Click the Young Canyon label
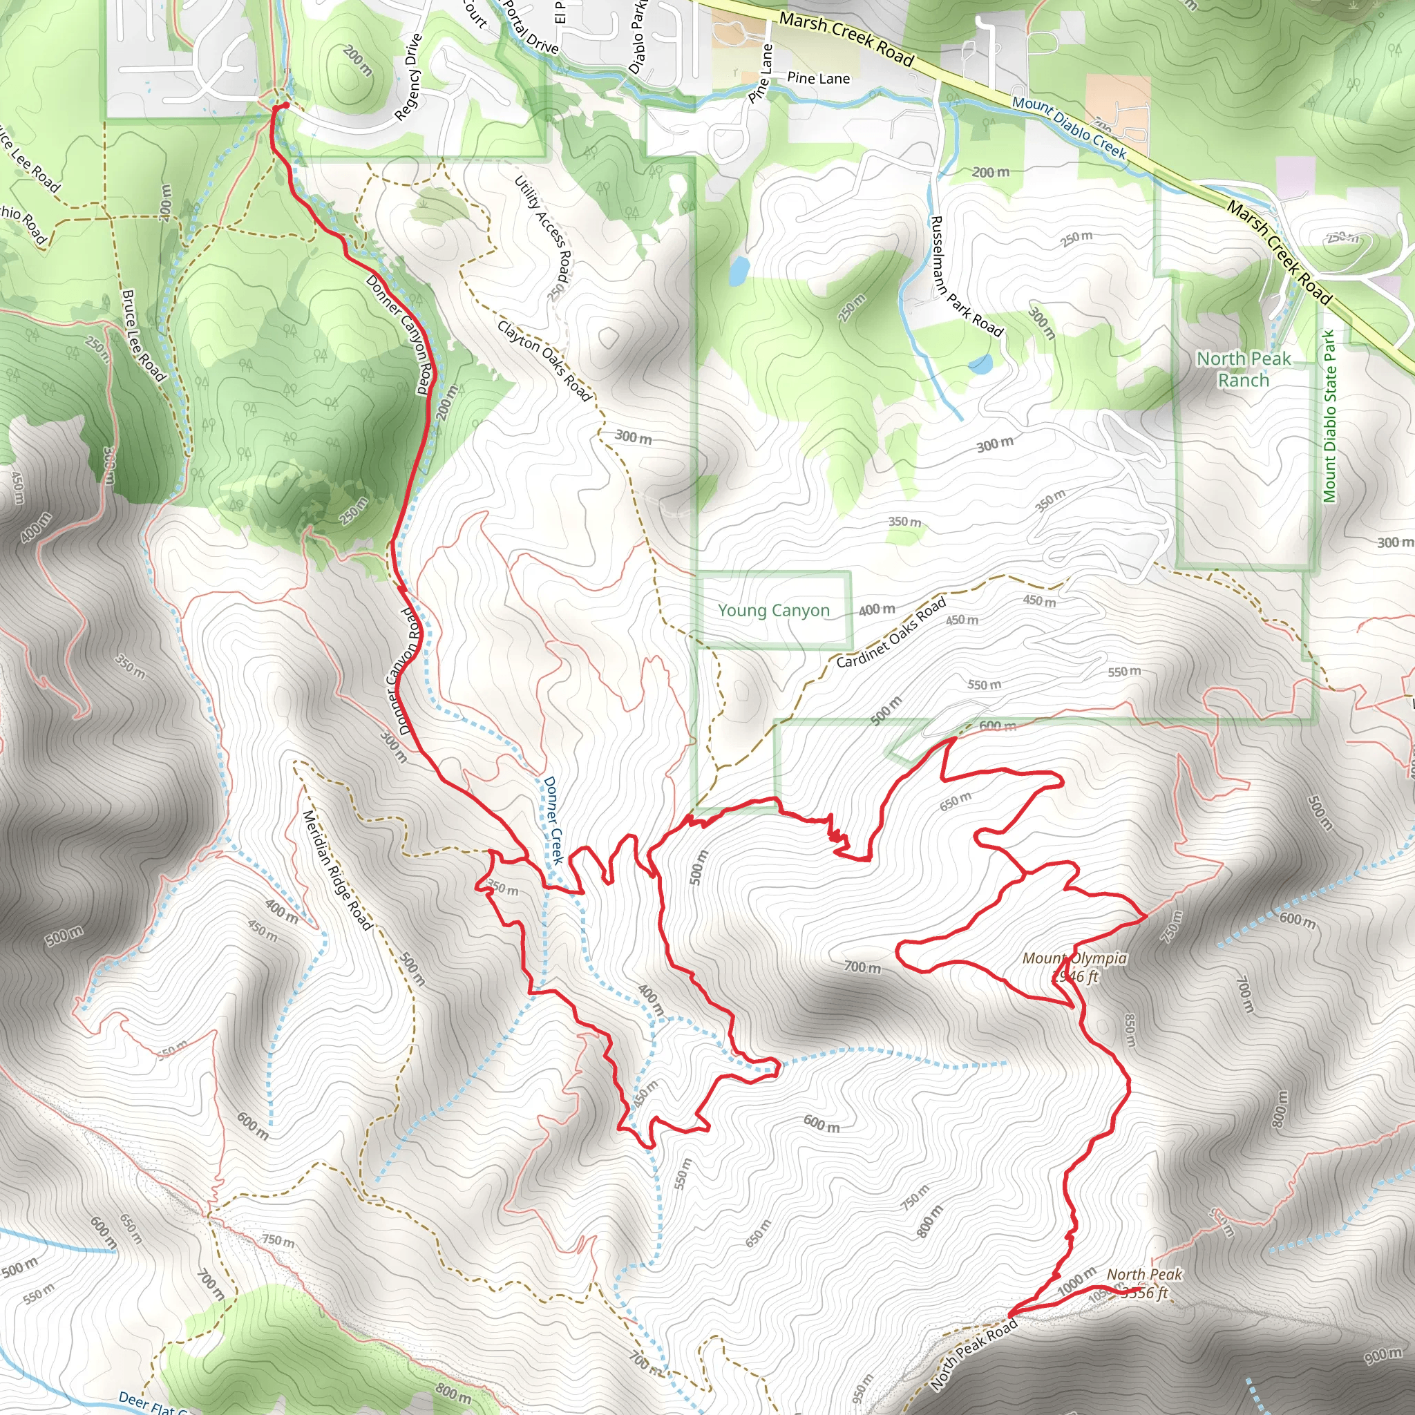pyautogui.click(x=773, y=610)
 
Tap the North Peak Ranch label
pyautogui.click(x=1244, y=369)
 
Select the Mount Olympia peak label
pyautogui.click(x=1074, y=967)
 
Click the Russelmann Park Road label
pyautogui.click(x=965, y=276)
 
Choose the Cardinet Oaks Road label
pyautogui.click(x=891, y=632)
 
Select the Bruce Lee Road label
pyautogui.click(x=144, y=335)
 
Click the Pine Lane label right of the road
pyautogui.click(x=818, y=77)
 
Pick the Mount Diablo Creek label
pyautogui.click(x=1069, y=126)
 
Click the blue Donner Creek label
pyautogui.click(x=553, y=820)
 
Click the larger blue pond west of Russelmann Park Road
pyautogui.click(x=737, y=270)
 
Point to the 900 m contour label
pyautogui.click(x=1383, y=1356)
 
